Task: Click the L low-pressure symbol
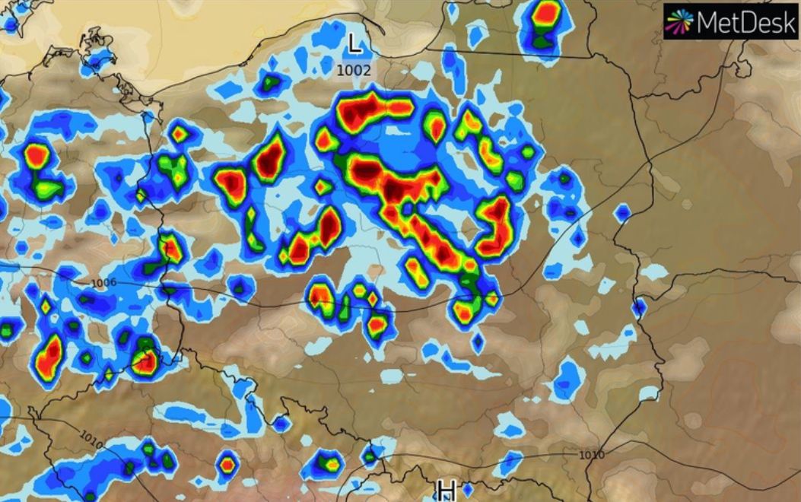[x=354, y=43]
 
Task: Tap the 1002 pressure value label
[x=354, y=70]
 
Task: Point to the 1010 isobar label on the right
[x=591, y=455]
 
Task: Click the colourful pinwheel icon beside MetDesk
[x=679, y=21]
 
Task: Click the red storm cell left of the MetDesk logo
[x=546, y=13]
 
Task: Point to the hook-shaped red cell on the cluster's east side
[x=496, y=224]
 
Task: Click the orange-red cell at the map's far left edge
[x=36, y=155]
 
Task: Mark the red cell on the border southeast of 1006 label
[x=145, y=361]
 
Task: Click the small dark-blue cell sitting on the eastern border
[x=638, y=307]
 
